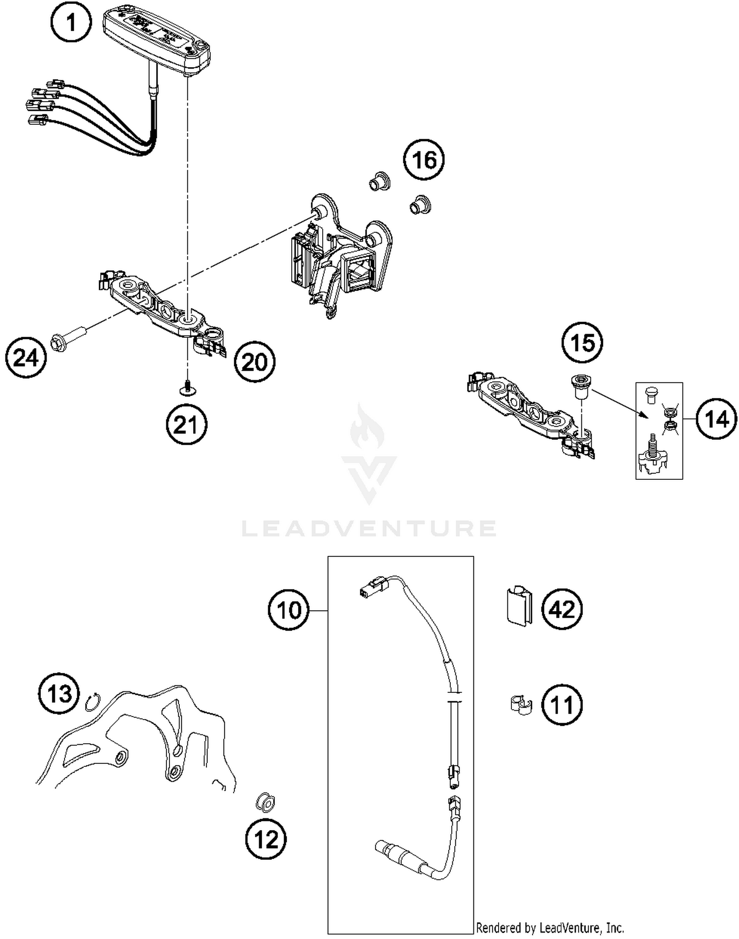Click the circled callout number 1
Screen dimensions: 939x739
(x=71, y=22)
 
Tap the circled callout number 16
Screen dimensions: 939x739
(x=424, y=160)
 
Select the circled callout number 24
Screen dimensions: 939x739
(x=26, y=358)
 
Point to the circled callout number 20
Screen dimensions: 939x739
(x=254, y=362)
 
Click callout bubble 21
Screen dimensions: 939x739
(x=186, y=424)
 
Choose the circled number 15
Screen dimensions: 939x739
(x=583, y=343)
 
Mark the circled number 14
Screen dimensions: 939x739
(x=717, y=419)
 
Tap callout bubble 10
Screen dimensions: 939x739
(x=289, y=611)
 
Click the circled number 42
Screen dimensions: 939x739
(x=562, y=610)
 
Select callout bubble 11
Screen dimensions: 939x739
(x=562, y=705)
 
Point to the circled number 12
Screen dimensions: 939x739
(x=266, y=839)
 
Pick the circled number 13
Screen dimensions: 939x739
(x=59, y=694)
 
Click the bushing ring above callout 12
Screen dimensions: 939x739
(x=266, y=804)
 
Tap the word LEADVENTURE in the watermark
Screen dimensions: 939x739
(x=369, y=529)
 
